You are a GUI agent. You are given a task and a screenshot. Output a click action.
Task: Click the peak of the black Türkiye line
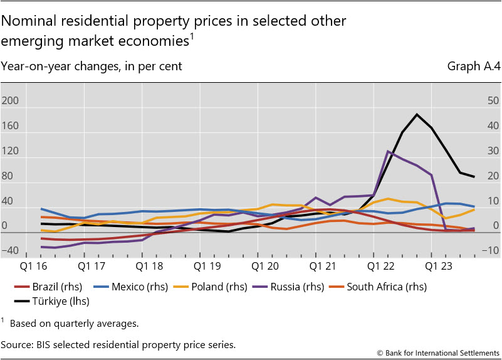click(x=417, y=114)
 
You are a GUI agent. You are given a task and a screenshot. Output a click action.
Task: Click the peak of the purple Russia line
click(x=389, y=151)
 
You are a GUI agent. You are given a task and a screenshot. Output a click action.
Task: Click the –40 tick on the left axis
click(x=9, y=251)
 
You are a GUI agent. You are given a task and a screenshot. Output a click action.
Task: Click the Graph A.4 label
click(x=473, y=66)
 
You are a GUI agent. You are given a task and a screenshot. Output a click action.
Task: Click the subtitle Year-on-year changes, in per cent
click(x=92, y=66)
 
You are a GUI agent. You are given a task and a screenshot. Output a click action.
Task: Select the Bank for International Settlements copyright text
click(x=439, y=352)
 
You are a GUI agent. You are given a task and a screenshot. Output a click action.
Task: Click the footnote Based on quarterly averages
click(x=75, y=324)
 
